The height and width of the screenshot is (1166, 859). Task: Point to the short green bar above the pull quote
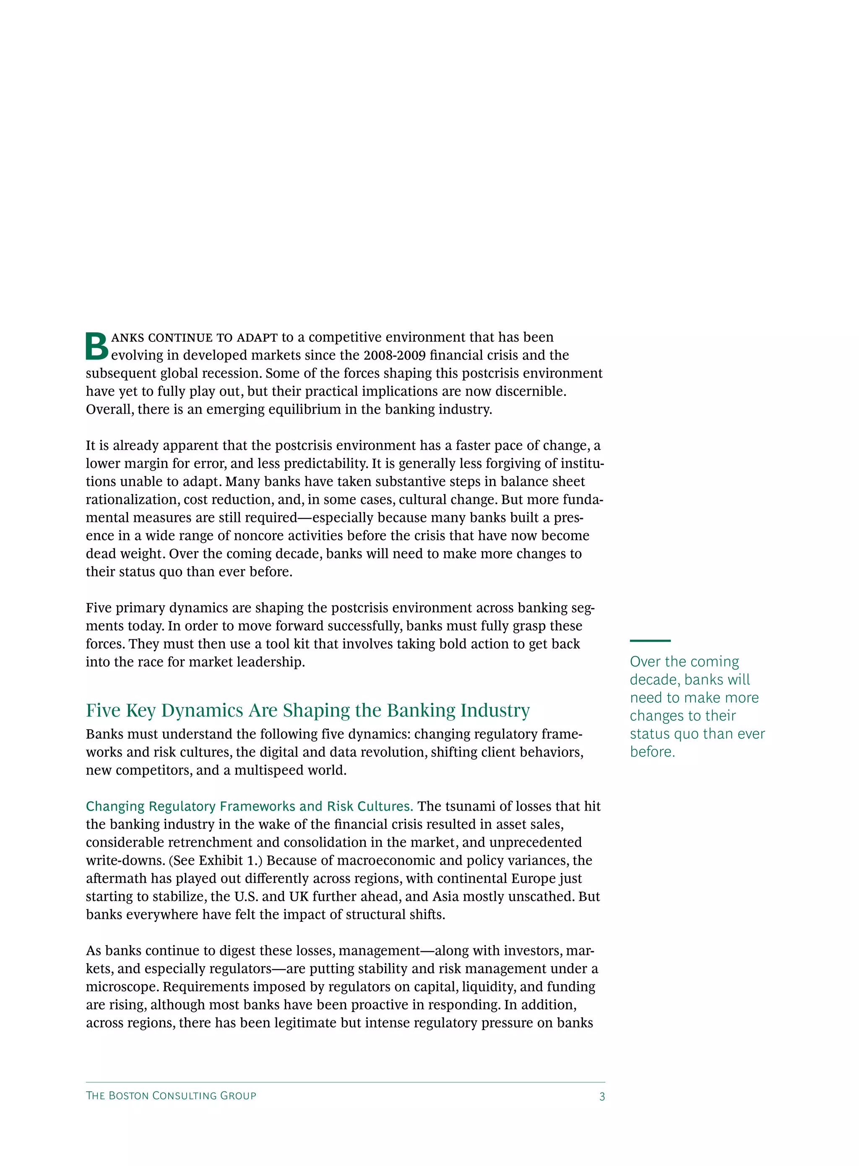point(650,641)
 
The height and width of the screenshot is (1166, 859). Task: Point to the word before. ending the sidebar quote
point(652,752)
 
